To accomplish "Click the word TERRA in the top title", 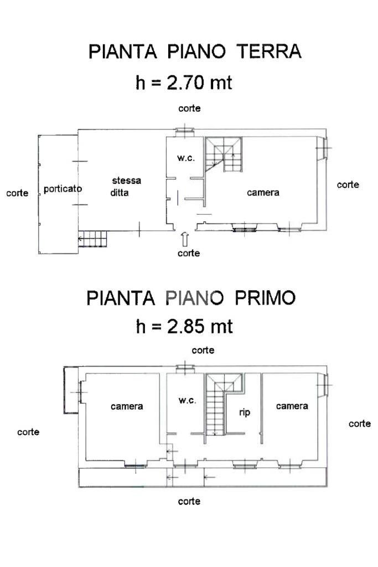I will point(269,52).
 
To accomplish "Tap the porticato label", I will point(63,189).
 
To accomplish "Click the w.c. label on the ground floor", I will point(186,158).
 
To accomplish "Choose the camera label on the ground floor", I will point(263,193).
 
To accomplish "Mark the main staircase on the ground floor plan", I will point(224,154).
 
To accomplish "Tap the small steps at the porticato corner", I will point(92,239).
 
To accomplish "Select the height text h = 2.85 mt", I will point(184,326).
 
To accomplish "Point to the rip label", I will point(244,412).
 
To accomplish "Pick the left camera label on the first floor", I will point(127,406).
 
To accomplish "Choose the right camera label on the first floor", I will point(292,406).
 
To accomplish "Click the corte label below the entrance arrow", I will point(189,253).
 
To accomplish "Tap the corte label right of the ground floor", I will point(348,185).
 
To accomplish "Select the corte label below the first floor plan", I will point(189,501).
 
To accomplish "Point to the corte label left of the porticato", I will point(17,193).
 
